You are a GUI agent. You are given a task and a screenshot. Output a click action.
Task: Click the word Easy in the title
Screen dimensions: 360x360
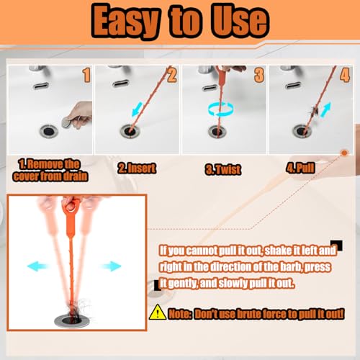(x=125, y=21)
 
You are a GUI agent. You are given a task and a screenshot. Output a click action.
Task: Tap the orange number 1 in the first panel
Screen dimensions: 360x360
(x=87, y=75)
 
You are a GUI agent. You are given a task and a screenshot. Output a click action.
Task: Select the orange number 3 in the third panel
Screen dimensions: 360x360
(x=259, y=75)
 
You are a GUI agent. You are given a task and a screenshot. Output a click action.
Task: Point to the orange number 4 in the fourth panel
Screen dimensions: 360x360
(x=345, y=75)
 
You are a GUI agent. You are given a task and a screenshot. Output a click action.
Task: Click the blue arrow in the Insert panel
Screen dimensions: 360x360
(x=138, y=109)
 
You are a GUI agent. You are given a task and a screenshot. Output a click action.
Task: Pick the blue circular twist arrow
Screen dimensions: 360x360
(x=221, y=109)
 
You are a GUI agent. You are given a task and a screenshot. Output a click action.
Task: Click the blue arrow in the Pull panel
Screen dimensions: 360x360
(x=325, y=109)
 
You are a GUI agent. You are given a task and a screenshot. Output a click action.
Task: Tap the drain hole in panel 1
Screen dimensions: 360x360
(x=49, y=131)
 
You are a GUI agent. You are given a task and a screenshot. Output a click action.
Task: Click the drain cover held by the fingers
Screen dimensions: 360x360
(x=67, y=122)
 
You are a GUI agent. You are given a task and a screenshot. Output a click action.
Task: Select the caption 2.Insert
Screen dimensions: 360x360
(x=137, y=168)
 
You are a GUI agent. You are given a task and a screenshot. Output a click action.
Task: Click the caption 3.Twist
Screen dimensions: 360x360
(x=223, y=169)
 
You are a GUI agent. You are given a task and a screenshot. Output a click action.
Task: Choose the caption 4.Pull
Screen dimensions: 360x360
(x=300, y=168)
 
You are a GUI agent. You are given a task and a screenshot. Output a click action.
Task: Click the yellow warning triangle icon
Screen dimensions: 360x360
(x=158, y=312)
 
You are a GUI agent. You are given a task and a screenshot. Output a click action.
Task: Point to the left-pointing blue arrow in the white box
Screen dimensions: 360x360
(x=37, y=266)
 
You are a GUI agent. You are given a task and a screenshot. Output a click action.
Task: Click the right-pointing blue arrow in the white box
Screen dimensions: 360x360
(x=111, y=266)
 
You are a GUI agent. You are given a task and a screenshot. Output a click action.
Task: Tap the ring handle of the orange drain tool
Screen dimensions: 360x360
(x=71, y=206)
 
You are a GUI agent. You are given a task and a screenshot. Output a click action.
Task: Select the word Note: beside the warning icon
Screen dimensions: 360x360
(x=180, y=314)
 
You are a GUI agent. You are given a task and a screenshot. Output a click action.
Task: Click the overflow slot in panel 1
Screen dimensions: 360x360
(x=41, y=86)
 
